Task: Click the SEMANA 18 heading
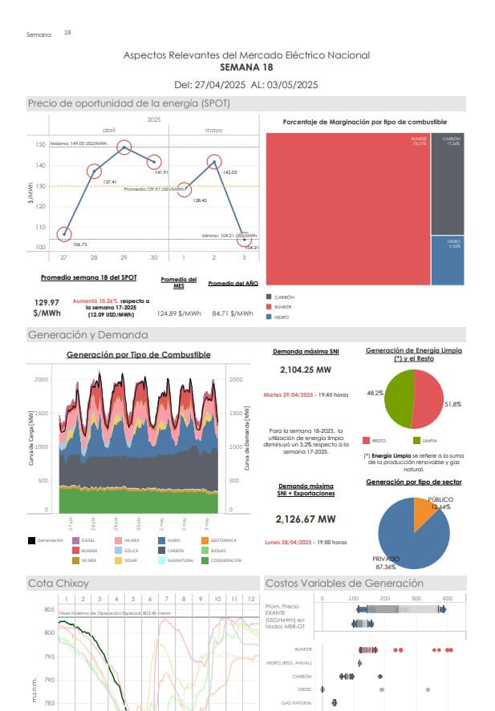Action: pyautogui.click(x=246, y=67)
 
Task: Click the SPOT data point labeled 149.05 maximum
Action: pyautogui.click(x=124, y=147)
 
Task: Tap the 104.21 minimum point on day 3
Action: pyautogui.click(x=245, y=240)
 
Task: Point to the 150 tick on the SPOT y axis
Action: pyautogui.click(x=40, y=145)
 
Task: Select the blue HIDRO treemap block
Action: pyautogui.click(x=447, y=260)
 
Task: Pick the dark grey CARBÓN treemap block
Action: pyautogui.click(x=447, y=184)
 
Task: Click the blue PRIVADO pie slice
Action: pyautogui.click(x=409, y=537)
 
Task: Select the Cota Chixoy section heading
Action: pyautogui.click(x=59, y=583)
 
